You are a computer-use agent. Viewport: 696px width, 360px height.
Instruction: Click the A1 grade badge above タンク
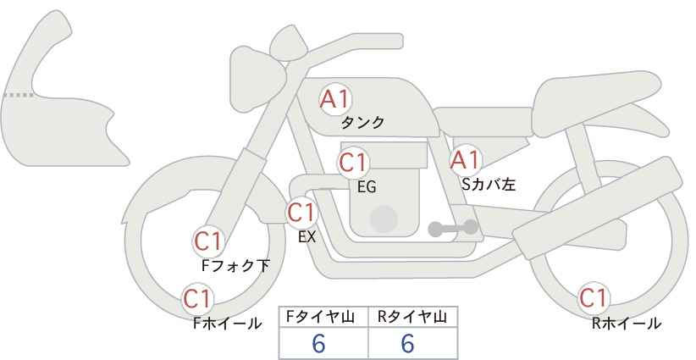coord(334,99)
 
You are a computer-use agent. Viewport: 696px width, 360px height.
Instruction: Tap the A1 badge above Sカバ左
coord(465,159)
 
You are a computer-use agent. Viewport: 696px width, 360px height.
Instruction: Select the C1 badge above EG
coord(353,162)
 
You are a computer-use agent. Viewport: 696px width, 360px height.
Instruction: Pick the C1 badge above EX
coord(301,212)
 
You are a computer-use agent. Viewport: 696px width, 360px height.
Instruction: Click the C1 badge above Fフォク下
coord(208,241)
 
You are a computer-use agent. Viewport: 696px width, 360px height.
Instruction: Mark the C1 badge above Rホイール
coord(594,298)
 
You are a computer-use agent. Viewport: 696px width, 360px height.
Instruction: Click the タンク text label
coord(362,123)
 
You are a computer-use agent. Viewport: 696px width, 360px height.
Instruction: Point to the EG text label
coord(367,187)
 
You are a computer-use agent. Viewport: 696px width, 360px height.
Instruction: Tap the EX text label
coord(307,237)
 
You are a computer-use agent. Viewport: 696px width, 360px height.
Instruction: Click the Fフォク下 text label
coord(236,266)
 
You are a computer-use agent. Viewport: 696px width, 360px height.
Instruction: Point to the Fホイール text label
coord(227,323)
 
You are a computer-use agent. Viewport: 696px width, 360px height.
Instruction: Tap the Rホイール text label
coord(627,323)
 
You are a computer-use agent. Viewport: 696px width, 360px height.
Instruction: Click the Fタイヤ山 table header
coord(324,317)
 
